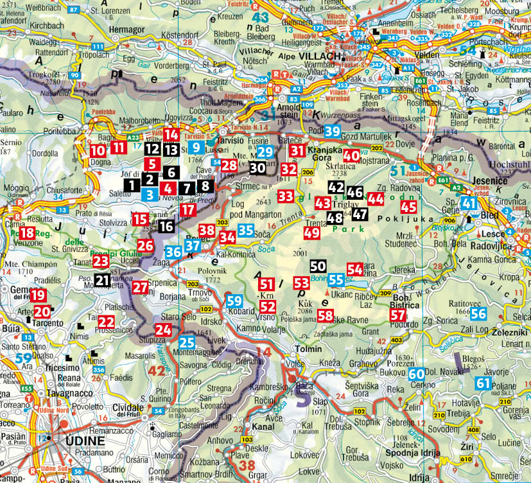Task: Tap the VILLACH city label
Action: pos(318,56)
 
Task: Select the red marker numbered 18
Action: pos(27,234)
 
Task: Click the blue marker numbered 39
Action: pos(332,132)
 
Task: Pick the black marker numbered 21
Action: pos(102,279)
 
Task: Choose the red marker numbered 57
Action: pos(398,315)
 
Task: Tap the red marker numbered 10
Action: pos(97,152)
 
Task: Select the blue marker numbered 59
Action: pos(234,300)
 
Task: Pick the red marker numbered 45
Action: pos(408,207)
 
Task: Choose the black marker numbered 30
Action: pos(257,167)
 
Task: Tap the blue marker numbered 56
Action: pos(478,313)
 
